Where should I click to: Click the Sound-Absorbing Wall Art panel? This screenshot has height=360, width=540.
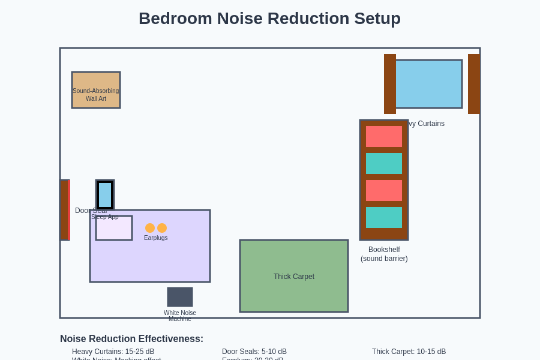(96, 90)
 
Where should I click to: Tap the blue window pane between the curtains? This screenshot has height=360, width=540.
(428, 84)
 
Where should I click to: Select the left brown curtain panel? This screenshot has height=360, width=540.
(390, 84)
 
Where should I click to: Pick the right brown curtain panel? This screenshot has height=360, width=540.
(473, 84)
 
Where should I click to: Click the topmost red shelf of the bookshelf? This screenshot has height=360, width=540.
(384, 136)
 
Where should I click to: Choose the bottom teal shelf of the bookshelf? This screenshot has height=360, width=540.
(384, 217)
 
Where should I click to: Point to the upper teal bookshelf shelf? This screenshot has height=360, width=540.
(384, 163)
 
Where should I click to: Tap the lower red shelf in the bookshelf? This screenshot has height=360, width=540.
(384, 190)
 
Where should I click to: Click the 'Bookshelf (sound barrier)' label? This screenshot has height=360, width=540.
(384, 254)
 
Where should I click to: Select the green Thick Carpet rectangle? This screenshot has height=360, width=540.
(294, 276)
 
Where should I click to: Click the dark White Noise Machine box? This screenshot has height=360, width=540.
(180, 297)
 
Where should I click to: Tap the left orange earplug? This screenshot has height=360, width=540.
(150, 228)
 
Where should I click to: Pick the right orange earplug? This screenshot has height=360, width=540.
(162, 228)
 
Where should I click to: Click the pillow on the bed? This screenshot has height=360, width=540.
(114, 229)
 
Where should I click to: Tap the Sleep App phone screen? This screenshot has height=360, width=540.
(105, 195)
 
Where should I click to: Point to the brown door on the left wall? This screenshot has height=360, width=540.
(64, 210)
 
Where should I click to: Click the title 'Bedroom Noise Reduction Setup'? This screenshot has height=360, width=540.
(269, 19)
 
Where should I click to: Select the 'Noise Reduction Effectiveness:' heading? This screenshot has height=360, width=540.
(131, 339)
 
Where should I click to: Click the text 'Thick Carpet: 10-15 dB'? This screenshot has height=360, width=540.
(409, 352)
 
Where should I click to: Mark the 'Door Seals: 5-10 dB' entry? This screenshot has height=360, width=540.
(254, 352)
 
